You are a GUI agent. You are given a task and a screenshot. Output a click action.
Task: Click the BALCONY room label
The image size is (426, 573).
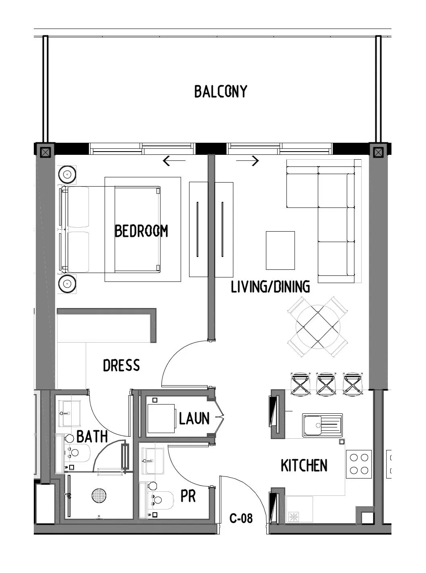point(220,92)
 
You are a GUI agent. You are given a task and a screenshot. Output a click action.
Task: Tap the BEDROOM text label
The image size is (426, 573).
point(141,231)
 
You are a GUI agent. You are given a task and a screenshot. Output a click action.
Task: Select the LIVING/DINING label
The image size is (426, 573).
point(270,287)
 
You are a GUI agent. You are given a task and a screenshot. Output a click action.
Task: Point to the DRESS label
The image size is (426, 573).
point(121,366)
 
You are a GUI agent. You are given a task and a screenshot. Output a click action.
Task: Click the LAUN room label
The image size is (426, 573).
point(194,419)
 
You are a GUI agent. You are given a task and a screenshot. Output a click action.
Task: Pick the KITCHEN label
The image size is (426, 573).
point(304,466)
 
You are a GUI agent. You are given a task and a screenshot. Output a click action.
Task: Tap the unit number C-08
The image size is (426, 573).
point(241,518)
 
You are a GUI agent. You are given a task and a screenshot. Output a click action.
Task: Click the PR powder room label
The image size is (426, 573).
point(188,496)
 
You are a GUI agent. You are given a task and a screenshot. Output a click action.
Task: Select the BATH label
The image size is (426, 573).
point(92,436)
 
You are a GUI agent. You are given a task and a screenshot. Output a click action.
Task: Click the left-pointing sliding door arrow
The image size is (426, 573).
point(174,161)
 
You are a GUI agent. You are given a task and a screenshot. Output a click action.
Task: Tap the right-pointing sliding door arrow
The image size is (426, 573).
point(248,161)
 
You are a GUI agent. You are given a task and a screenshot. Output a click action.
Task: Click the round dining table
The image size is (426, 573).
point(317,327)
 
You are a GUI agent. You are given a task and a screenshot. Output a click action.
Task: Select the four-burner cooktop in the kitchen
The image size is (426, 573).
point(359,464)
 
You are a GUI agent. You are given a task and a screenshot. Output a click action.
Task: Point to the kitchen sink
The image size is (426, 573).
point(322,425)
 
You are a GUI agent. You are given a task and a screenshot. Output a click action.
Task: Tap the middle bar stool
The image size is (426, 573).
point(326,384)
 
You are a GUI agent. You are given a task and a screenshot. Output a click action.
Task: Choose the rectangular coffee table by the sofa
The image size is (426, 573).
point(280,250)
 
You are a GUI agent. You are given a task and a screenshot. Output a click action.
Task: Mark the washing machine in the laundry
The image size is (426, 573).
point(161,418)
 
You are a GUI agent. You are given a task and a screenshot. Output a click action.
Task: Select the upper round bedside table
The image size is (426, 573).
point(67,175)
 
